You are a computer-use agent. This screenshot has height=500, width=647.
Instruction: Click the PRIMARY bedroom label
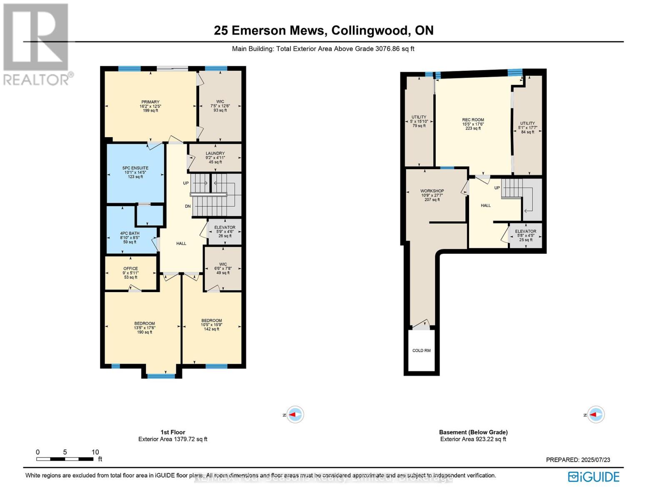[150, 102]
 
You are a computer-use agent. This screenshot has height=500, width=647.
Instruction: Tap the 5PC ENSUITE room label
[135, 168]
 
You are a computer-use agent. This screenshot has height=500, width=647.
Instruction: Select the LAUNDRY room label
[215, 153]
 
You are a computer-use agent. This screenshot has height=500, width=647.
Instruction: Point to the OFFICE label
[130, 269]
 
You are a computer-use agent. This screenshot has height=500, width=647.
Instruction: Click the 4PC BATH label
[130, 233]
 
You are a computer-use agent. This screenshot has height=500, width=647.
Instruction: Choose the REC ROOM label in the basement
[473, 120]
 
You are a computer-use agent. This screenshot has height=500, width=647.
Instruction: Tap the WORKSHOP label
[432, 191]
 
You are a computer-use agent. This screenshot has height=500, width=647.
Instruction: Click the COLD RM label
[421, 350]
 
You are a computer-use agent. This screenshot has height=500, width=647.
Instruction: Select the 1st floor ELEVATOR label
[225, 227]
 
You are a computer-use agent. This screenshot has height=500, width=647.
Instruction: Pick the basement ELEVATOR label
[525, 231]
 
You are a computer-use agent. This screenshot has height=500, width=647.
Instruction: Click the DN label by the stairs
[188, 206]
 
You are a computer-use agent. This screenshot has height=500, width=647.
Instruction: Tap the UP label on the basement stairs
[497, 188]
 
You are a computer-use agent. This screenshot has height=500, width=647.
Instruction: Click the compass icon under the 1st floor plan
[295, 415]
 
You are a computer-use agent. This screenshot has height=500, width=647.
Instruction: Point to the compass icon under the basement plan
[595, 415]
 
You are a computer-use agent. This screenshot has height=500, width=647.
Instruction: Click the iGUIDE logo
[594, 477]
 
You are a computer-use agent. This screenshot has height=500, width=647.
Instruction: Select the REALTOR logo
[37, 44]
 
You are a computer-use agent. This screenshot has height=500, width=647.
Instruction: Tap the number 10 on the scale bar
[95, 452]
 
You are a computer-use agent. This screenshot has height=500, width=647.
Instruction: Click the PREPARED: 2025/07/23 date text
[578, 460]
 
